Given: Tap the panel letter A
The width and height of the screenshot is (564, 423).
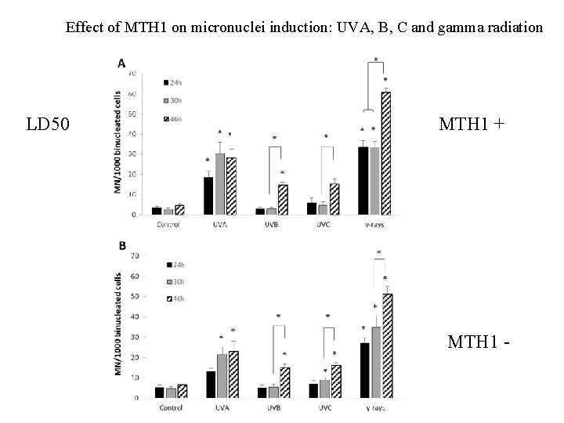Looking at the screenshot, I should pos(121,62).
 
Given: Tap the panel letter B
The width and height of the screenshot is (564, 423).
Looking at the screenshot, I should pos(122,246).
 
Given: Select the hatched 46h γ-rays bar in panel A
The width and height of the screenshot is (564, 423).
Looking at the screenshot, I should pos(385,153).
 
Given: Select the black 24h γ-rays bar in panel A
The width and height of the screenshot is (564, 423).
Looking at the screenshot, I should pos(363,180).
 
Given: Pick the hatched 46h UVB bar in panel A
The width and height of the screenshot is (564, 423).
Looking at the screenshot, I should pos(282,199).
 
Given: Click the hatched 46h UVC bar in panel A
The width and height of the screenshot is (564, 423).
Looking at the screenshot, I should pos(334,198).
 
